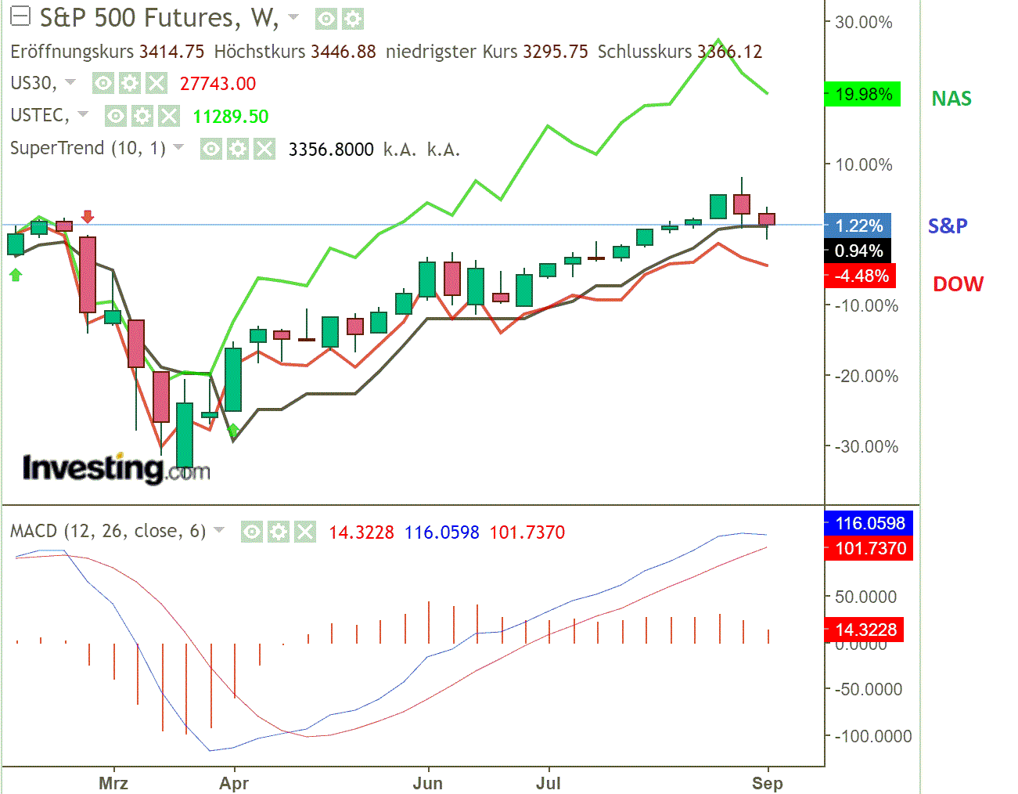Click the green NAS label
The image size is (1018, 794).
point(951,99)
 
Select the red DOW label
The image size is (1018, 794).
point(958,284)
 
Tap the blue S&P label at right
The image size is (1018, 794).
point(947,226)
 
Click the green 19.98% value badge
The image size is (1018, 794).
point(863,95)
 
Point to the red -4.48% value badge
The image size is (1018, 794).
point(861,276)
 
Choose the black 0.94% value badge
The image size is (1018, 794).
point(858,251)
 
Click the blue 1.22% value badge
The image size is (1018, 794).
point(858,226)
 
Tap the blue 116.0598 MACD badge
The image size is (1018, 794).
point(869,523)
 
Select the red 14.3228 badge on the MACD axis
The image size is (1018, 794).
point(865,630)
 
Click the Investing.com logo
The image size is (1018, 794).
point(116,468)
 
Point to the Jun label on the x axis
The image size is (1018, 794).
point(427,783)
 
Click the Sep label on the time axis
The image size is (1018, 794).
point(767,783)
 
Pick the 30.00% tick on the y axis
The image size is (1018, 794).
point(863,22)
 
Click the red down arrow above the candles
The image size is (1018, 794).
point(88,216)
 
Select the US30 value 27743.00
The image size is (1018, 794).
point(218,84)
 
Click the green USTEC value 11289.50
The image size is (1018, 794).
point(230,117)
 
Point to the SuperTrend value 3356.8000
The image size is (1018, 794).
point(331,150)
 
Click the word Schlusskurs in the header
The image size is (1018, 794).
point(644,52)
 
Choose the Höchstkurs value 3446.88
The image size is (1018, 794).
point(343,52)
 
